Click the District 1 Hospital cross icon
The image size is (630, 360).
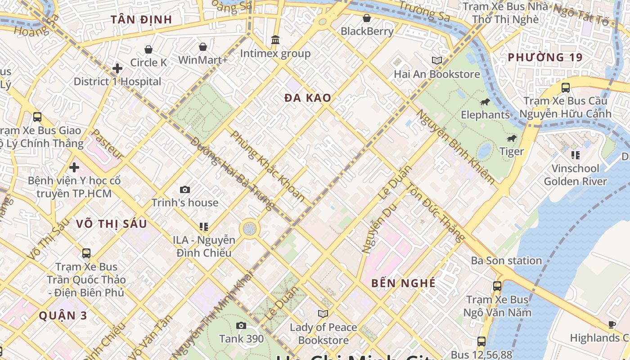coord(117,68)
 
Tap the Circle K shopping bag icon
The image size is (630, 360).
coord(148,49)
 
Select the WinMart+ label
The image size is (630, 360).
coord(203,60)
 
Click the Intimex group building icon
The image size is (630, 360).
coord(275,40)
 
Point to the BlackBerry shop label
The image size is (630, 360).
coord(367,31)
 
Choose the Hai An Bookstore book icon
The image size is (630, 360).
coord(436,60)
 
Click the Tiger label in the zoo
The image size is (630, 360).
coord(512,152)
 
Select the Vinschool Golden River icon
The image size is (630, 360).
coord(575,155)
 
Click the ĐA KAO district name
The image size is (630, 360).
coord(308,98)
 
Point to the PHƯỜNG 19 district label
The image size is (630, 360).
coord(545,57)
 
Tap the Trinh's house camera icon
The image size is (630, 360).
coord(184,189)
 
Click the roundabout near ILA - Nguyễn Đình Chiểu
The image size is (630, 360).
coord(249,229)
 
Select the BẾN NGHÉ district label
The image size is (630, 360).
coord(403,283)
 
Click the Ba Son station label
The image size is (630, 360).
coord(506,261)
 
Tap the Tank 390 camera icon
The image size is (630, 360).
coord(241,325)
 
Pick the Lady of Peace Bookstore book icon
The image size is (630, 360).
coord(323,314)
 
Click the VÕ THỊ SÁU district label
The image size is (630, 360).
coord(111,224)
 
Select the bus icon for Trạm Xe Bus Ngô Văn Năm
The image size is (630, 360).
coord(497,286)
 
